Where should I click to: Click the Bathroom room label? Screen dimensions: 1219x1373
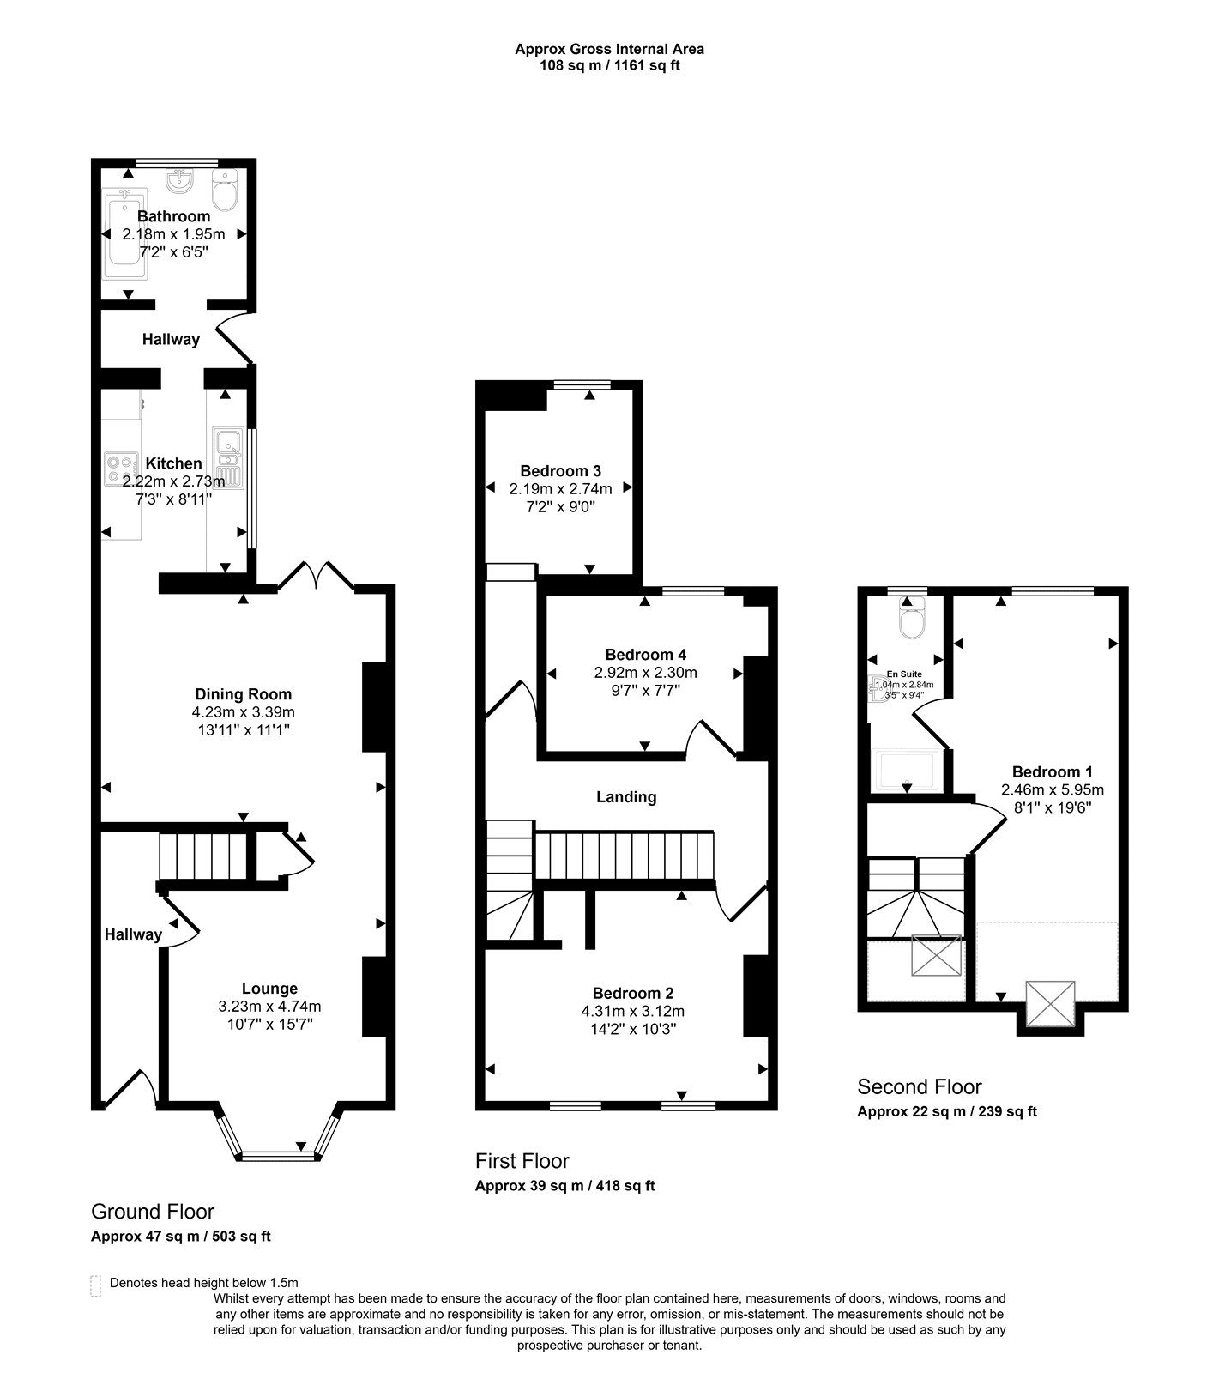(x=173, y=216)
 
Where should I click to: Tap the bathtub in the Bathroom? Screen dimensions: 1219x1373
(x=125, y=233)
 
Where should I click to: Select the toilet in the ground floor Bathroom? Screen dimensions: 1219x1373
(x=225, y=191)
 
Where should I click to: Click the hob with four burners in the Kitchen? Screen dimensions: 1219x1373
(x=121, y=470)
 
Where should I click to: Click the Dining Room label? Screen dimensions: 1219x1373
(x=244, y=694)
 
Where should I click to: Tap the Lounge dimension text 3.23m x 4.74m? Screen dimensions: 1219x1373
(x=269, y=1007)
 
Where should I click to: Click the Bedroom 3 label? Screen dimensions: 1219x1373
(x=561, y=471)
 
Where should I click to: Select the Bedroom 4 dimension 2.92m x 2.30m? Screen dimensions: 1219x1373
(x=646, y=673)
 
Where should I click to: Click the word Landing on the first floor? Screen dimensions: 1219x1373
(x=627, y=797)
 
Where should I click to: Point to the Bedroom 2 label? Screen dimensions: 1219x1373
(x=633, y=994)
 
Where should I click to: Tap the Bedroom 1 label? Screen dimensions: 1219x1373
(x=1053, y=771)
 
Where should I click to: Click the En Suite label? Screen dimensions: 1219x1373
(x=905, y=674)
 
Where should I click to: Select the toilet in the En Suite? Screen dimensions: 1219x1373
(x=909, y=619)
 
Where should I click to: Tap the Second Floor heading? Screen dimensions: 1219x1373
(x=920, y=1087)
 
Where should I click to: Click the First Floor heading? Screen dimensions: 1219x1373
(x=522, y=1161)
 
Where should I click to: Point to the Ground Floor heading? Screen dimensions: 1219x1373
(x=153, y=1212)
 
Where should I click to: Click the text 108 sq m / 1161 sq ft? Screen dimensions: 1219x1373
(x=610, y=65)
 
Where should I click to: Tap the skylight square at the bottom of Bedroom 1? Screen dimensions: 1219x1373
(x=1051, y=1004)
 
